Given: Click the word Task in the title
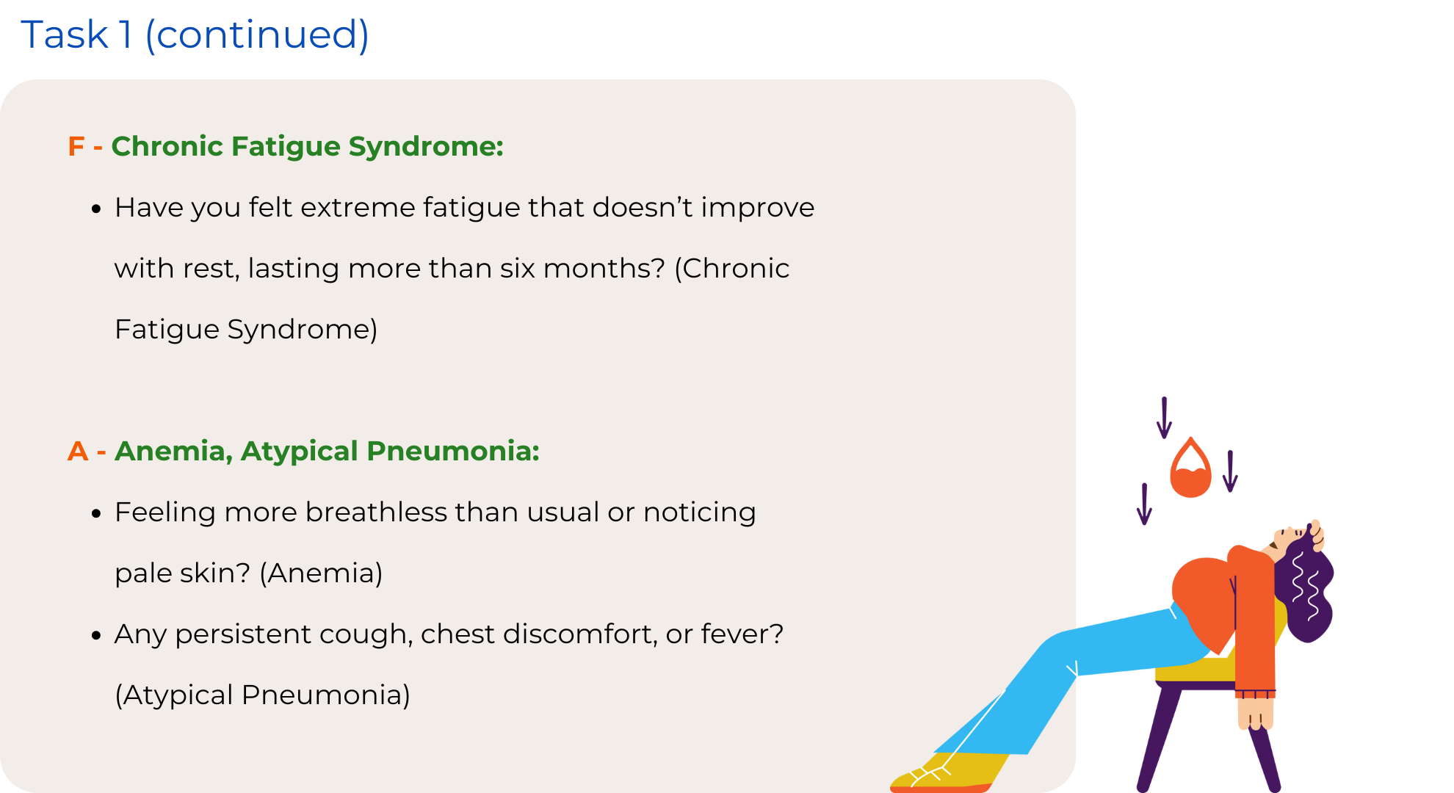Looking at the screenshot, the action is [65, 35].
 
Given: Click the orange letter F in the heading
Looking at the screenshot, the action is [76, 146].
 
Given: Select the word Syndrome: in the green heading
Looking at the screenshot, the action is [426, 147].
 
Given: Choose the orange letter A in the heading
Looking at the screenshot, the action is [78, 451].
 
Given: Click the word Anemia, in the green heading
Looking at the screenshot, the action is [174, 452].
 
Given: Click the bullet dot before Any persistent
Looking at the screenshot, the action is [96, 636].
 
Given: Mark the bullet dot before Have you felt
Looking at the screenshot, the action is [96, 209].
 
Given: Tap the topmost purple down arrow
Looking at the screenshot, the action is [1164, 418].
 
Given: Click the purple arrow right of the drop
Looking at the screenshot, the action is [1230, 471].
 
